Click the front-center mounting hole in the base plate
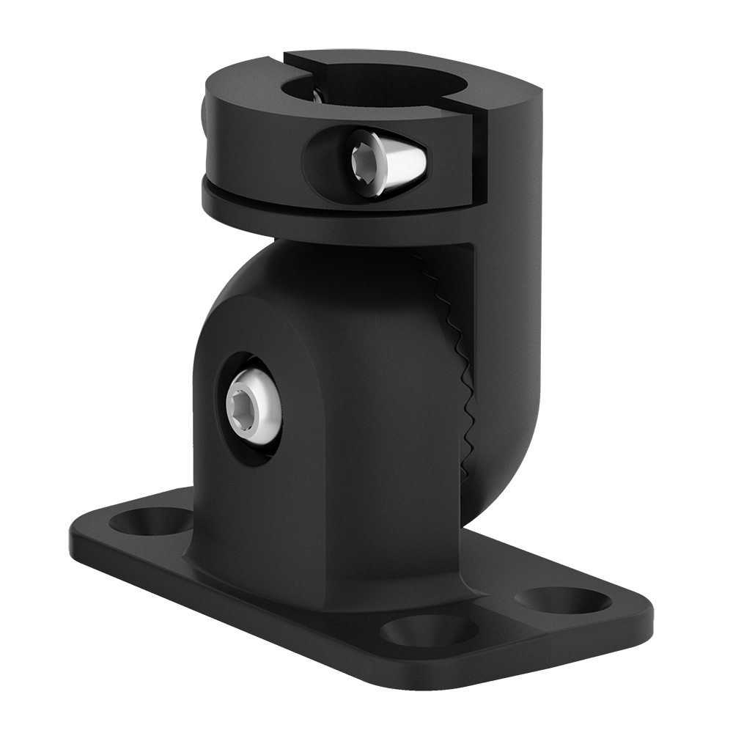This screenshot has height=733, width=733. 420,629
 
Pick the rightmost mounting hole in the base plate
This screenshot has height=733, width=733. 563,600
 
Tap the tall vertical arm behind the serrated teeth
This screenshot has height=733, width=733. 506,330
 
